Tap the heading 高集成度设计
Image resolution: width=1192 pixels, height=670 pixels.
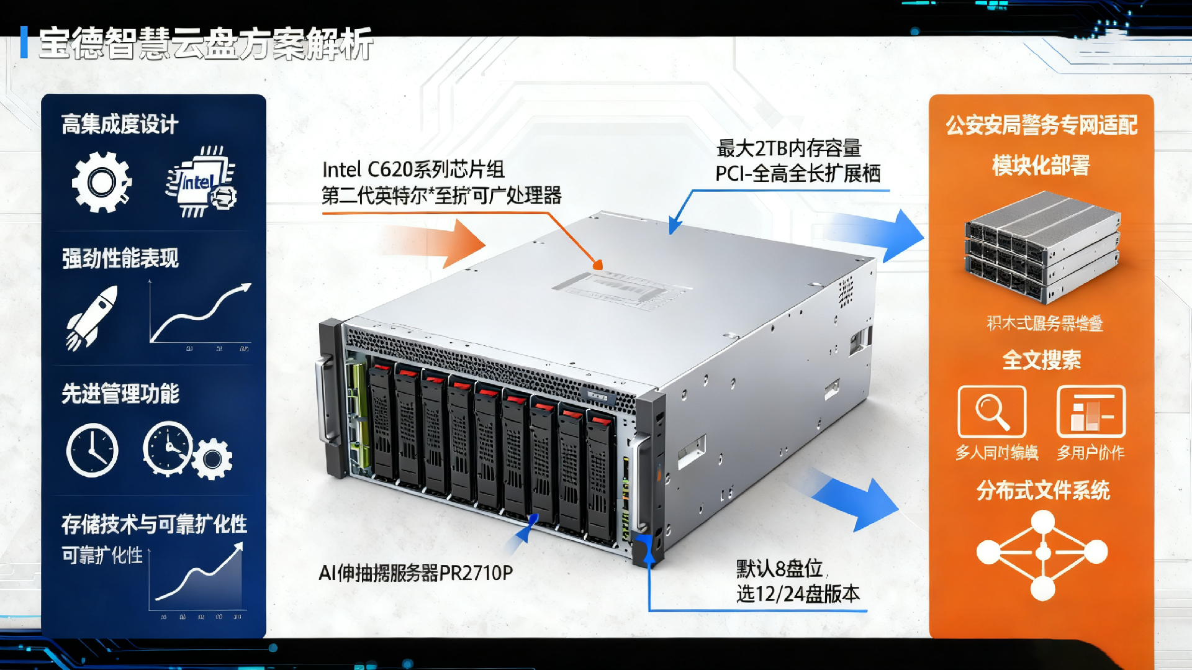pyautogui.click(x=120, y=124)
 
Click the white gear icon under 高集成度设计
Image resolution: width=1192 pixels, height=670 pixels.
pyautogui.click(x=101, y=183)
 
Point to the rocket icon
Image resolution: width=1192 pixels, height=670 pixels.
pyautogui.click(x=92, y=317)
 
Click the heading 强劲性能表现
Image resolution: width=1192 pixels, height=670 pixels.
pyautogui.click(x=120, y=258)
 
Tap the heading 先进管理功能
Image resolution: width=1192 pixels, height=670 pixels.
pyautogui.click(x=120, y=394)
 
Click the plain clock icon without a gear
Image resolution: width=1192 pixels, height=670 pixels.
pyautogui.click(x=92, y=450)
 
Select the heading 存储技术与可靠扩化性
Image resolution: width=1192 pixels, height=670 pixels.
pyautogui.click(x=154, y=525)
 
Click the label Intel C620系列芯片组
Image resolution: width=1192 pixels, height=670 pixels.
pyautogui.click(x=413, y=170)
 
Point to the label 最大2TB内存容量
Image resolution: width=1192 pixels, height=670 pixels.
pyautogui.click(x=788, y=148)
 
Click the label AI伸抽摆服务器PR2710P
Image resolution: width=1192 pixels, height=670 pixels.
pyautogui.click(x=415, y=573)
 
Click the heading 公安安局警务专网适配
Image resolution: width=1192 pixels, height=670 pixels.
pyautogui.click(x=1041, y=125)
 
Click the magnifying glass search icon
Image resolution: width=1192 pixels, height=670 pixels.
pyautogui.click(x=991, y=412)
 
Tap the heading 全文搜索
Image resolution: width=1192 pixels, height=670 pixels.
pyautogui.click(x=1041, y=360)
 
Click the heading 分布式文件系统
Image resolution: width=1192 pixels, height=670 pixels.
pyautogui.click(x=1042, y=491)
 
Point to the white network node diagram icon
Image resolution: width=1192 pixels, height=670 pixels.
pyautogui.click(x=1042, y=553)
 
